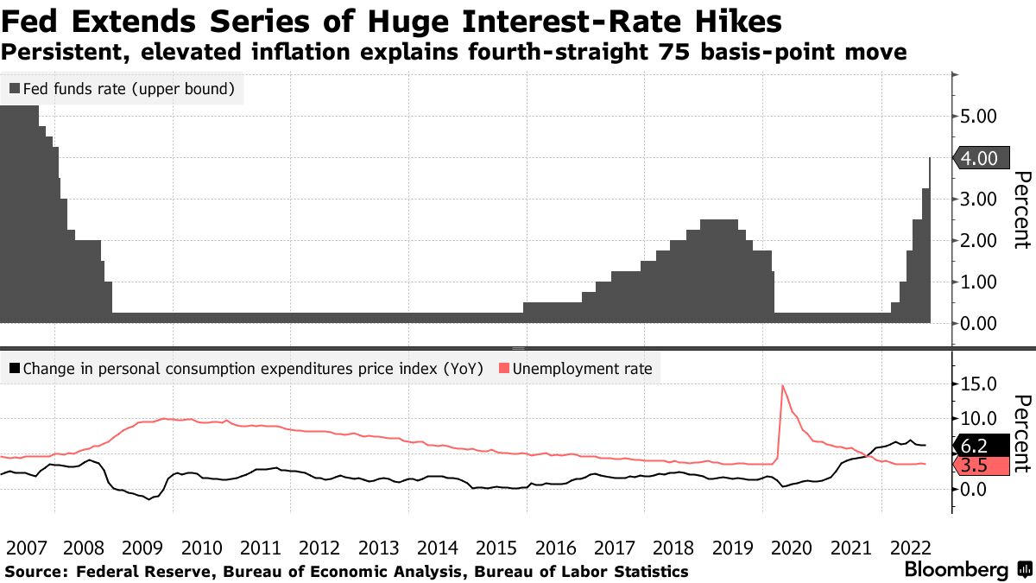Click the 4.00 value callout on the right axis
click(979, 158)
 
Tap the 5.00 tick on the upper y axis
click(979, 117)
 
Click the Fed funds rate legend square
click(15, 88)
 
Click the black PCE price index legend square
click(15, 370)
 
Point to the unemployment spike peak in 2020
click(783, 386)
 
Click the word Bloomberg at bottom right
click(955, 570)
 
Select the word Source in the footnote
click(35, 572)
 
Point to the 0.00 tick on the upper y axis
click(979, 324)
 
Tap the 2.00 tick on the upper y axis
click(979, 241)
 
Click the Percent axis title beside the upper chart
click(1020, 210)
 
